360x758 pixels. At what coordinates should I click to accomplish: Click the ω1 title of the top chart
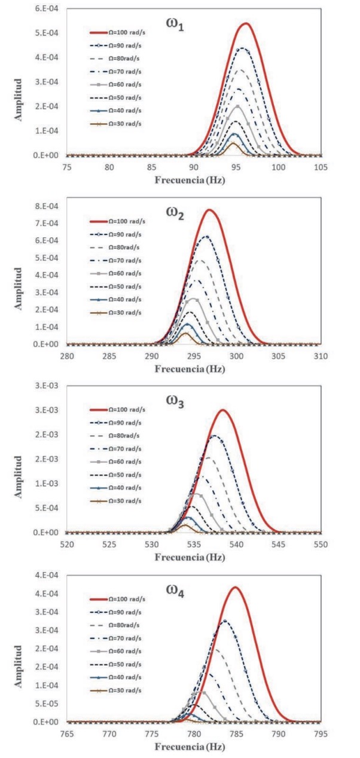click(174, 26)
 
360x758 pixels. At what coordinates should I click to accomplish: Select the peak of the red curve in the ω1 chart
click(246, 23)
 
